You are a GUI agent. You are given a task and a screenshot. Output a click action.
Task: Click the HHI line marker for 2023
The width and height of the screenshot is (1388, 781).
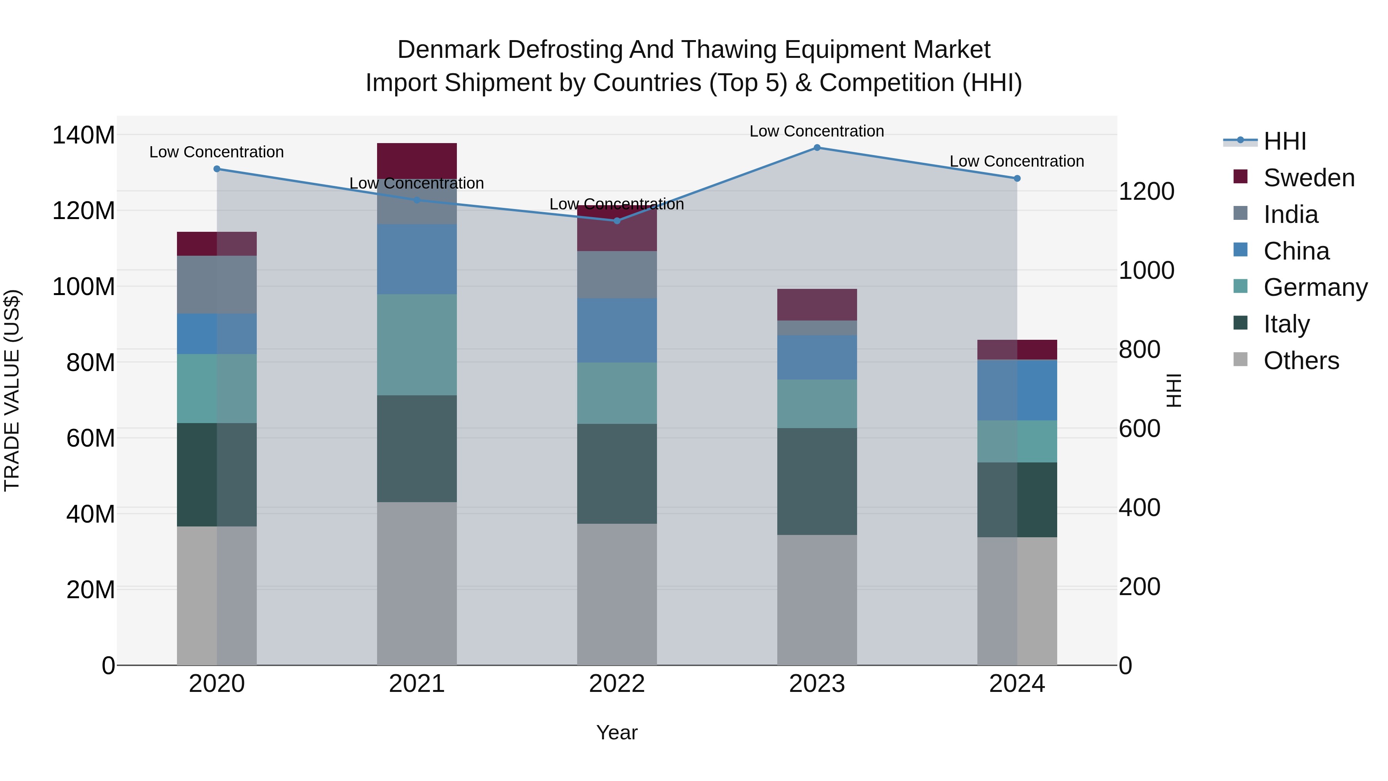817,147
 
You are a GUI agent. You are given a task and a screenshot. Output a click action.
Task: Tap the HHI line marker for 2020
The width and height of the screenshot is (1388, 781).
217,169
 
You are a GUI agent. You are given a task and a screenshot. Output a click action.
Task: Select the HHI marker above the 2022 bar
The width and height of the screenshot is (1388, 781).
617,221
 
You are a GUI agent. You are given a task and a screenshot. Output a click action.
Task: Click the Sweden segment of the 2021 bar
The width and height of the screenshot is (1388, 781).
416,160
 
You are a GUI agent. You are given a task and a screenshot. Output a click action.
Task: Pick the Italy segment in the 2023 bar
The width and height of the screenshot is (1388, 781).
817,481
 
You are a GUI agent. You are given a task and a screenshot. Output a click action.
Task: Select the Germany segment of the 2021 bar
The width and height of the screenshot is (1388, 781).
416,344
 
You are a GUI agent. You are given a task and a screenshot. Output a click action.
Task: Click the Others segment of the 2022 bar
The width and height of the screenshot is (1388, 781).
617,594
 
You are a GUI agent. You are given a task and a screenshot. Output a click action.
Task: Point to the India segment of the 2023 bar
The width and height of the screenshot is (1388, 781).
817,328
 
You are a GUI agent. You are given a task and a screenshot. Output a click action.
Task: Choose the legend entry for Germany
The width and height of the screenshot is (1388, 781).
1315,287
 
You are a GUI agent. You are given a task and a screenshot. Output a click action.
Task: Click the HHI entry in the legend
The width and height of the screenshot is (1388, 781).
1285,141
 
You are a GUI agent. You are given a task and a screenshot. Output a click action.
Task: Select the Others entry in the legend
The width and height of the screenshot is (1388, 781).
1301,361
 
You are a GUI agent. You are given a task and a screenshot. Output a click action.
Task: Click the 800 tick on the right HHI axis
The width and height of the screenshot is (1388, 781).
1139,349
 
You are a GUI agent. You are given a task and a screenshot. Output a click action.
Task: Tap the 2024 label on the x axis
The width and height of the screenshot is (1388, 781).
1017,684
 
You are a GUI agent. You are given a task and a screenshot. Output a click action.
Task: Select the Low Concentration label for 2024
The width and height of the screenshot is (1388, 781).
1016,161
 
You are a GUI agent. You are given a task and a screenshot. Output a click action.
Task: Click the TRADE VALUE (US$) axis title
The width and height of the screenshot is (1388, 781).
12,390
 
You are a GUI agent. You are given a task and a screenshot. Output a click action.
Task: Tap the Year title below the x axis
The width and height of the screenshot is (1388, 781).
617,732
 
